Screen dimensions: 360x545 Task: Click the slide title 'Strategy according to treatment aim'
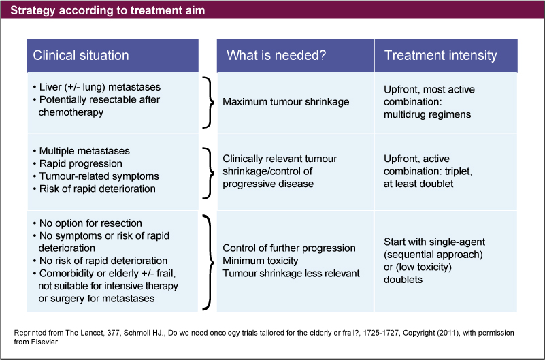(x=108, y=11)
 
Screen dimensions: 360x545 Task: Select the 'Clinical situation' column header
(x=81, y=56)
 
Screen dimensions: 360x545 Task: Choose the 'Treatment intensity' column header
(x=440, y=56)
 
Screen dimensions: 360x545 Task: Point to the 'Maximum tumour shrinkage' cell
(x=286, y=101)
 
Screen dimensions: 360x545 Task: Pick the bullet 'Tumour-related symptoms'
(x=94, y=176)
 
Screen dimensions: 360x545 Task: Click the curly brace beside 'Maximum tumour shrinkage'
(x=207, y=101)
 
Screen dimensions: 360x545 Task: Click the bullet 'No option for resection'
(x=88, y=224)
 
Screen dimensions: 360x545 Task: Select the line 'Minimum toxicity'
(x=261, y=260)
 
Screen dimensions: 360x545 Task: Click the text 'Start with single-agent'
(x=434, y=243)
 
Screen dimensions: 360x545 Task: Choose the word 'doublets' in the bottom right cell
(x=404, y=280)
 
